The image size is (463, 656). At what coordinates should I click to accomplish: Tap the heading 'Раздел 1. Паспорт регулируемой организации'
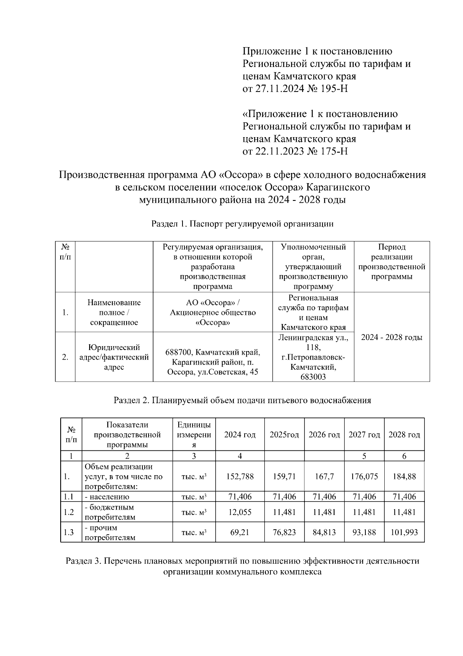click(x=242, y=224)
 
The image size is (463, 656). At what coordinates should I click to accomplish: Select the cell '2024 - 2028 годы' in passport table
click(x=392, y=337)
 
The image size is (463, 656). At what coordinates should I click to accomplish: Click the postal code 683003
click(x=313, y=377)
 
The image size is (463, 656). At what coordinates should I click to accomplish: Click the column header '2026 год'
click(x=324, y=435)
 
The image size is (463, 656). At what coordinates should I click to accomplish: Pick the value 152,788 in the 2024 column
click(x=240, y=476)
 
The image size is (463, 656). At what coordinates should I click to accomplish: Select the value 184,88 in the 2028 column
click(x=404, y=476)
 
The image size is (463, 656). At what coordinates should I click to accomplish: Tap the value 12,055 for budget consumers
click(x=240, y=512)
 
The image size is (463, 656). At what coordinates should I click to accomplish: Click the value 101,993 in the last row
click(x=404, y=532)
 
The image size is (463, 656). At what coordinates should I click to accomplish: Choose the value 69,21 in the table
click(x=240, y=532)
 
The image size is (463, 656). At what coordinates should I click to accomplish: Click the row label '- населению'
click(x=107, y=497)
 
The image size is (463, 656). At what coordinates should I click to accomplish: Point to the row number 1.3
click(x=69, y=532)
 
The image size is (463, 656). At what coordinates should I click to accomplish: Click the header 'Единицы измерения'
click(x=194, y=435)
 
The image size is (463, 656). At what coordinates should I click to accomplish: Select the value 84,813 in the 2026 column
click(x=324, y=532)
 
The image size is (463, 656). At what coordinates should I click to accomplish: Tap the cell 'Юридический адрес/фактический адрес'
click(x=114, y=357)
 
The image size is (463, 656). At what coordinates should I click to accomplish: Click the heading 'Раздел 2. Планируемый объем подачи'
click(x=242, y=400)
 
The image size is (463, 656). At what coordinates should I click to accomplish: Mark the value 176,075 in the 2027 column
click(x=364, y=476)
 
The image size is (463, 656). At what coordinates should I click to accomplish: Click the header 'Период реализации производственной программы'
click(x=392, y=262)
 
